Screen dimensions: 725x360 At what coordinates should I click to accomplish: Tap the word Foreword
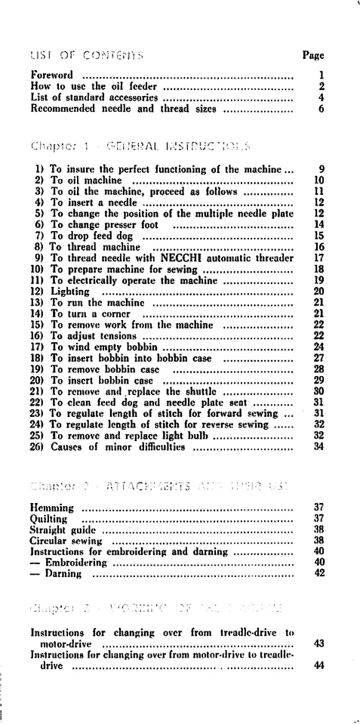point(52,75)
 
